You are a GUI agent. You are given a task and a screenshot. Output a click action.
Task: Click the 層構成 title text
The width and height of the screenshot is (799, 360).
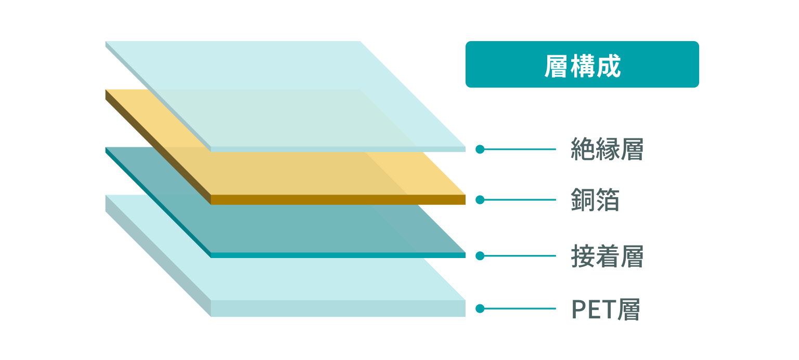pyautogui.click(x=583, y=66)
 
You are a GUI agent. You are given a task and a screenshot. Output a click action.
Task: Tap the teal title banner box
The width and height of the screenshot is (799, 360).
pyautogui.click(x=582, y=64)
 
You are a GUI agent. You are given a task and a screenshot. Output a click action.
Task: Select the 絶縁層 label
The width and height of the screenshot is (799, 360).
pyautogui.click(x=607, y=149)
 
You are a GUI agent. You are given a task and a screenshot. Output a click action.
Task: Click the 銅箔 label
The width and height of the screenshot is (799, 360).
pyautogui.click(x=595, y=200)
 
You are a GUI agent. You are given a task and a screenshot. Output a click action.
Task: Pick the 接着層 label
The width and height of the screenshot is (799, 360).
pyautogui.click(x=607, y=256)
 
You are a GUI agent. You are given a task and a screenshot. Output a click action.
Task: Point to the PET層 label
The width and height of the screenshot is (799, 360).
pyautogui.click(x=605, y=309)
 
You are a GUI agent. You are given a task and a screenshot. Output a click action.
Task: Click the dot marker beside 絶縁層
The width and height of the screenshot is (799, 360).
pyautogui.click(x=480, y=149)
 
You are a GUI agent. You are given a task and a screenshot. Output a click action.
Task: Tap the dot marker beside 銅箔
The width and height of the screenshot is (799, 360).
pyautogui.click(x=480, y=200)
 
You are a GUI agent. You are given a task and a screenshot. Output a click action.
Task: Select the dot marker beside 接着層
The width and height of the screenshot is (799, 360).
pyautogui.click(x=480, y=256)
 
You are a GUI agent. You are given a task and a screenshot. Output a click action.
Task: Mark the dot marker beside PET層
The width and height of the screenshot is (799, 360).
pyautogui.click(x=480, y=308)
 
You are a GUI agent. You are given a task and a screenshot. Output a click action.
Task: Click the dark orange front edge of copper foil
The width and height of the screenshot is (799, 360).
pyautogui.click(x=338, y=200)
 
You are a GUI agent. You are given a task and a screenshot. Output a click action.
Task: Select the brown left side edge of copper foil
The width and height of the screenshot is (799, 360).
pyautogui.click(x=158, y=147)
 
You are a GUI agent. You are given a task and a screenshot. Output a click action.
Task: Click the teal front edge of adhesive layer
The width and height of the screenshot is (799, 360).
pyautogui.click(x=338, y=255)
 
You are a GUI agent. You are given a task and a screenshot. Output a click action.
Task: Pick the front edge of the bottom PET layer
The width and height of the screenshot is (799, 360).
pyautogui.click(x=338, y=308)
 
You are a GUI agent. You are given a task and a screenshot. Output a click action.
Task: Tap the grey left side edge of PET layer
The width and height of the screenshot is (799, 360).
pyautogui.click(x=158, y=256)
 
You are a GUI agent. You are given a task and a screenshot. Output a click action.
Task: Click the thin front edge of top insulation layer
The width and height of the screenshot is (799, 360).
pyautogui.click(x=338, y=149)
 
